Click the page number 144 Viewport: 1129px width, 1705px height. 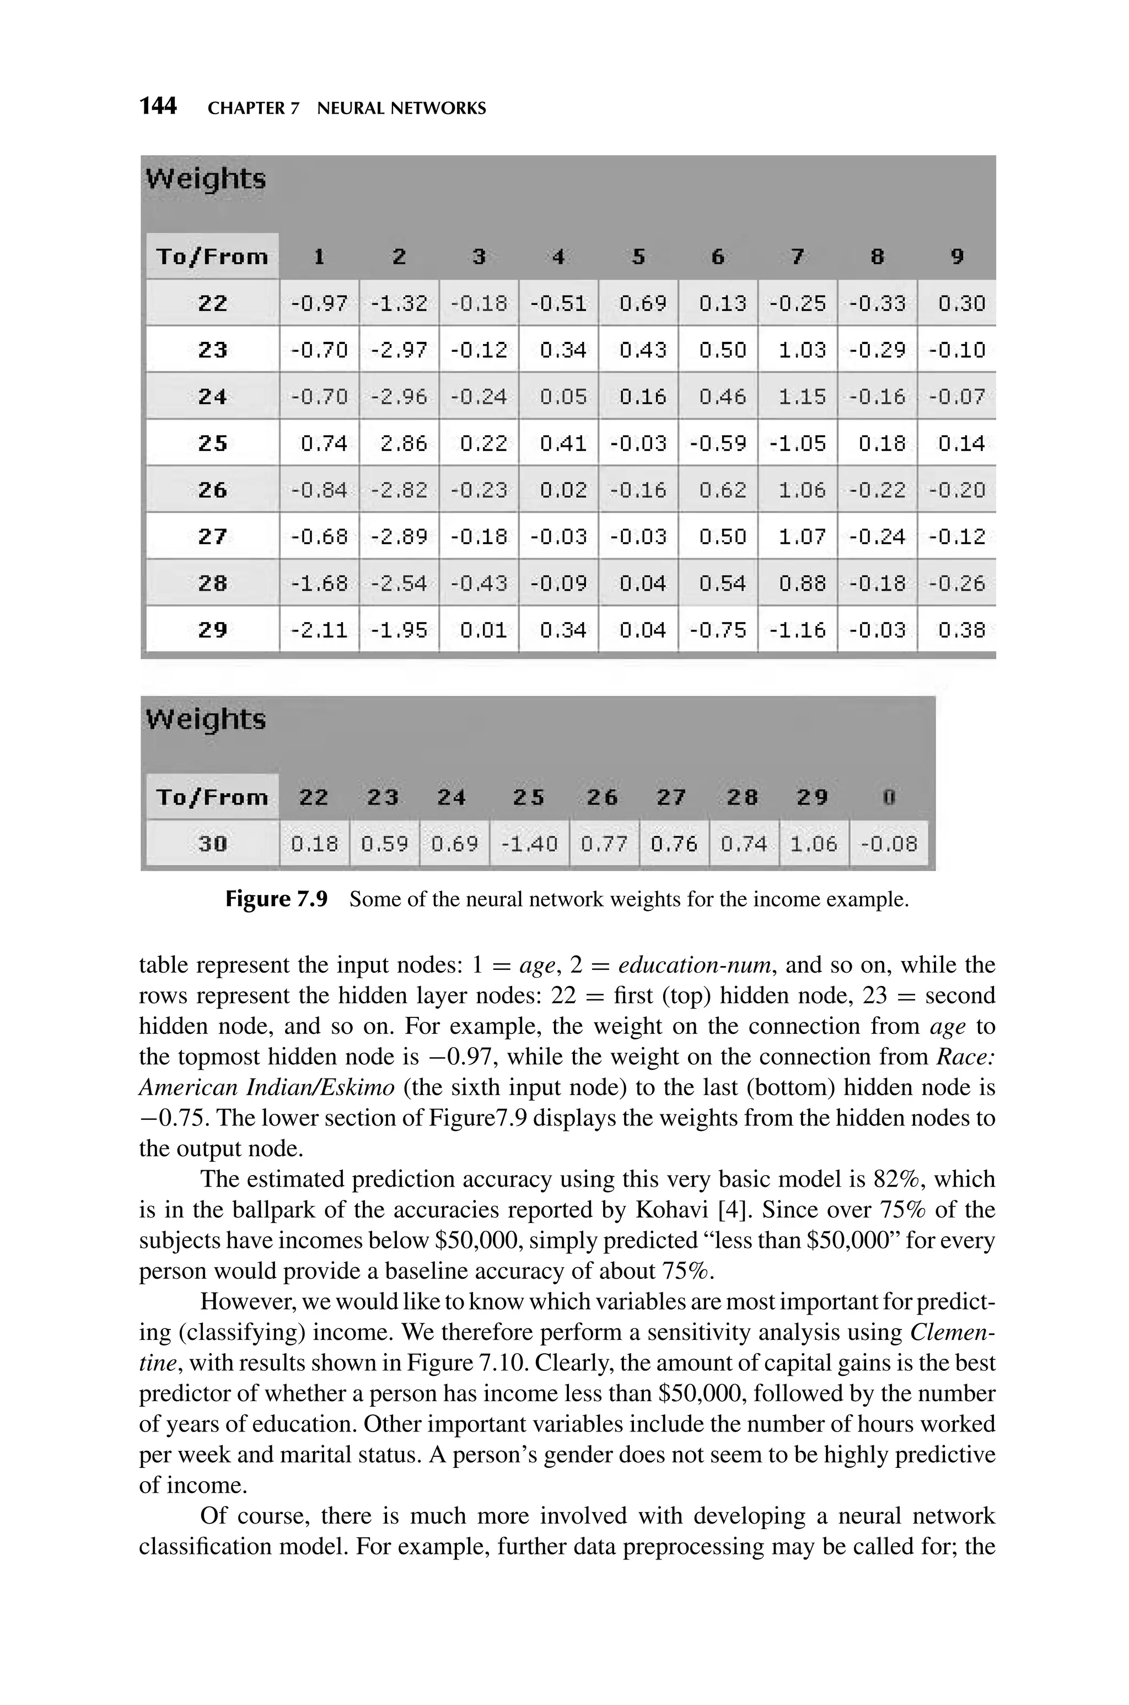[x=158, y=106]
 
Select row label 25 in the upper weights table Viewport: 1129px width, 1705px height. [x=212, y=443]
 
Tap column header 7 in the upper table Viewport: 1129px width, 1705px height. [x=797, y=256]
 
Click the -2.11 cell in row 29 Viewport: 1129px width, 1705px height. [x=319, y=630]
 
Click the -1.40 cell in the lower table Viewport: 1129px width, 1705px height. [x=529, y=843]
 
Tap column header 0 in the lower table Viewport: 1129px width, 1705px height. [x=889, y=797]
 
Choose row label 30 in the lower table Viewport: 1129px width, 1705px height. [x=212, y=843]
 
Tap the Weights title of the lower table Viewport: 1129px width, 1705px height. [x=206, y=719]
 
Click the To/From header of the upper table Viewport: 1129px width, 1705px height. [x=212, y=256]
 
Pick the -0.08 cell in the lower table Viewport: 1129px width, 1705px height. [x=889, y=843]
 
